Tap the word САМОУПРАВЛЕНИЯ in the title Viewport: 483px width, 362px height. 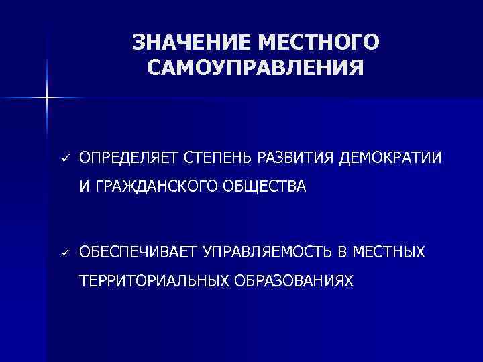coord(256,68)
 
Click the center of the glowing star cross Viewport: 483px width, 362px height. coord(48,98)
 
